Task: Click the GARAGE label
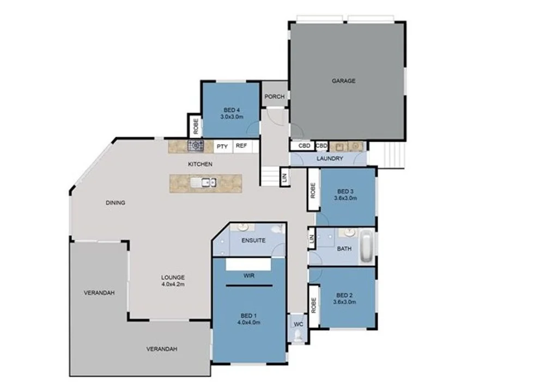tap(343, 81)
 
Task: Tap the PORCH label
tap(275, 97)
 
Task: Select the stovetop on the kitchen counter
tap(196, 146)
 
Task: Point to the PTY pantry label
tap(222, 146)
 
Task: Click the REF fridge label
tap(241, 146)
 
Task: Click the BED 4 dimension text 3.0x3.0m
tap(232, 117)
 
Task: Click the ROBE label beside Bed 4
tap(195, 127)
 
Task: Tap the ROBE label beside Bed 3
tap(313, 189)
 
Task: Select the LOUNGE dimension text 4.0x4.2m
tap(173, 284)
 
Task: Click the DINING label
tap(116, 203)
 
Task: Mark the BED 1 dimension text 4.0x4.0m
tap(248, 323)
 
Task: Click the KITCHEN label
tap(200, 164)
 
